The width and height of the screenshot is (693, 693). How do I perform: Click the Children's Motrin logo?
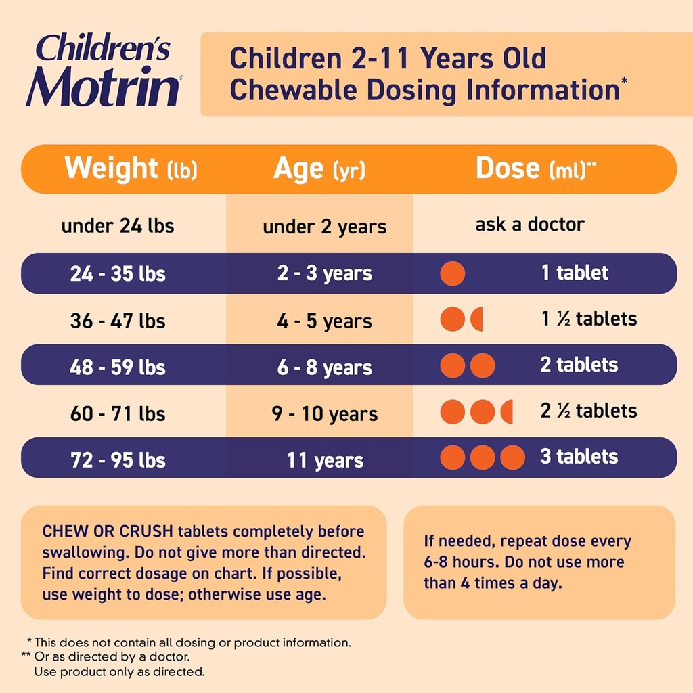point(104,70)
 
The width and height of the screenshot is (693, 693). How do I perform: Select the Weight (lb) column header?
point(131,169)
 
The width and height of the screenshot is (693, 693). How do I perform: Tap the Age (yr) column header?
point(319,169)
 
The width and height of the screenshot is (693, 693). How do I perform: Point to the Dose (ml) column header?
point(536,169)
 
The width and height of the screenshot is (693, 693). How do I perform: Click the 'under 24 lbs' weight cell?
point(118,226)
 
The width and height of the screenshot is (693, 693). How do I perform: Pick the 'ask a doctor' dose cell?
point(530,224)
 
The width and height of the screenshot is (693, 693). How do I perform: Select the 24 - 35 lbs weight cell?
point(118,274)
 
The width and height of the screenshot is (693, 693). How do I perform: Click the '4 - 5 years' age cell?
point(324,321)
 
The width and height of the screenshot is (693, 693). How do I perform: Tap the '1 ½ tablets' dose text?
point(589,319)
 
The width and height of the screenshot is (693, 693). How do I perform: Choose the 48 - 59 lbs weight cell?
point(118,367)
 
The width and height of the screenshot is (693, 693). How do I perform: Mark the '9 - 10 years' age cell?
point(325,413)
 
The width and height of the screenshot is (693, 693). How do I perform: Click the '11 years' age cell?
point(325,461)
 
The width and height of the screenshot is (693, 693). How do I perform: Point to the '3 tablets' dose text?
point(579,457)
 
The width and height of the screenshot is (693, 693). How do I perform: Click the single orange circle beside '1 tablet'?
point(453,274)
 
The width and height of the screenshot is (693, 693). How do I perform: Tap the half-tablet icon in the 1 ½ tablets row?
point(478,319)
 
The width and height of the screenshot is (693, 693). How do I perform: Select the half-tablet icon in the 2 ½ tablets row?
point(508,411)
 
